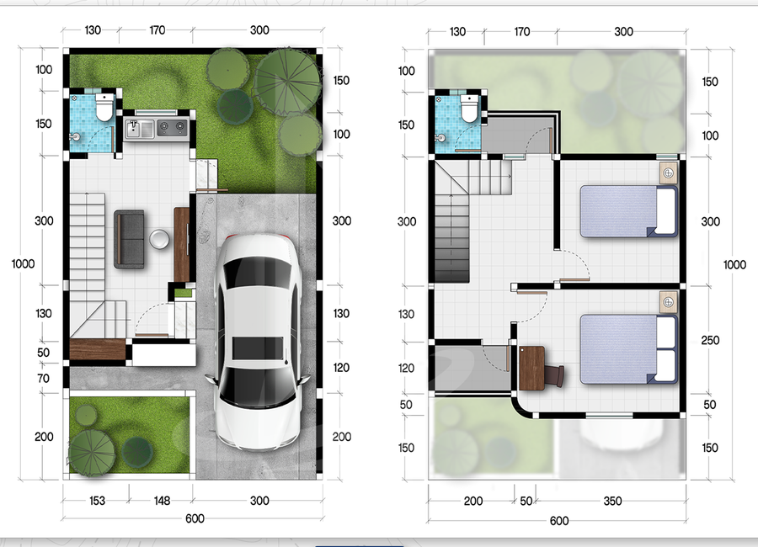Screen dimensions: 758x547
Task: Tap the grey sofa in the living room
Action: click(129, 239)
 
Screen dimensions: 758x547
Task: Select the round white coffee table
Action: click(159, 239)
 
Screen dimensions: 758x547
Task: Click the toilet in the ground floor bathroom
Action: click(104, 107)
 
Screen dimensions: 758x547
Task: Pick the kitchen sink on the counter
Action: click(139, 129)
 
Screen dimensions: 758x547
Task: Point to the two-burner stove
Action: click(172, 128)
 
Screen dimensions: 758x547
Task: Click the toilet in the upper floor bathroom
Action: click(469, 108)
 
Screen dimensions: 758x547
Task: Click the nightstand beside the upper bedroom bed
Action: click(669, 173)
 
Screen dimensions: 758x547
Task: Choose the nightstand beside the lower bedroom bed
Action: click(669, 302)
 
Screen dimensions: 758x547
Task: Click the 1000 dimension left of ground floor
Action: click(24, 264)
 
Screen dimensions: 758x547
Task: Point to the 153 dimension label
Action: click(97, 501)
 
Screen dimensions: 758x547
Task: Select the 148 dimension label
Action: click(162, 501)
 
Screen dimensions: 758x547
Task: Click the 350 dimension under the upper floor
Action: click(612, 501)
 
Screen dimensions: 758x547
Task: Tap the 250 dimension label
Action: click(710, 340)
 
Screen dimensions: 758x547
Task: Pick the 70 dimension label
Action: click(44, 379)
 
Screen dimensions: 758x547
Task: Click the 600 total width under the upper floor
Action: click(559, 521)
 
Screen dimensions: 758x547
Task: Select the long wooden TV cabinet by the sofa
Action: click(181, 245)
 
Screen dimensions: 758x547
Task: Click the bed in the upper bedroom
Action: click(628, 211)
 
